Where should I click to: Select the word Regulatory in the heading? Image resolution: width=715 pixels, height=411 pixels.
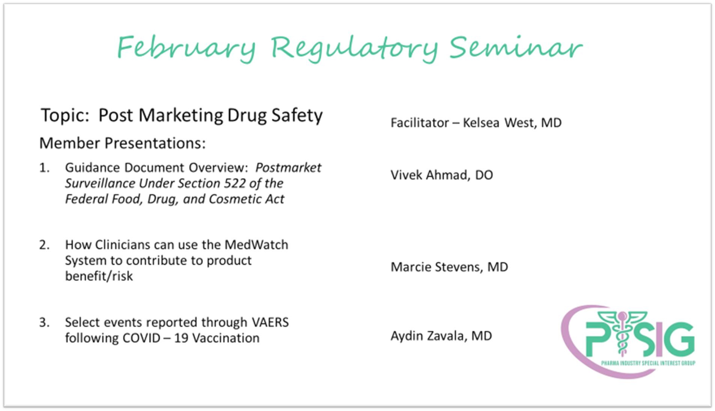pyautogui.click(x=354, y=49)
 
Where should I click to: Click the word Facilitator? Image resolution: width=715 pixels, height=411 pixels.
pyautogui.click(x=420, y=123)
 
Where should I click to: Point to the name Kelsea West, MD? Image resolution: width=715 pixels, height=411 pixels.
pyautogui.click(x=512, y=123)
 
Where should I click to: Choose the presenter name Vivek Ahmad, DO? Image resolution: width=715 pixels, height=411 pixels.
pyautogui.click(x=442, y=175)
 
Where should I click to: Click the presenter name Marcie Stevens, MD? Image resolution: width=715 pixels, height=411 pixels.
pyautogui.click(x=449, y=267)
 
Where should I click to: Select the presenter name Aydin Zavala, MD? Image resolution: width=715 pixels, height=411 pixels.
pyautogui.click(x=441, y=336)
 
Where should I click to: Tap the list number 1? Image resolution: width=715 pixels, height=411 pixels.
pyautogui.click(x=44, y=168)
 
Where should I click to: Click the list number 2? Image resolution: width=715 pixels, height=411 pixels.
pyautogui.click(x=44, y=245)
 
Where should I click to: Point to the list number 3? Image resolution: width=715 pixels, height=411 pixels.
pyautogui.click(x=44, y=322)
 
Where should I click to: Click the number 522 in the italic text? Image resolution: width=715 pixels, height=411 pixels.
pyautogui.click(x=235, y=184)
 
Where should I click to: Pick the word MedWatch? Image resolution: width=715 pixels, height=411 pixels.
pyautogui.click(x=256, y=245)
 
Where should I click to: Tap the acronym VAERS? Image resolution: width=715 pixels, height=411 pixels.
pyautogui.click(x=270, y=322)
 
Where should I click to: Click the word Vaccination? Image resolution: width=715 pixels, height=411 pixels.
pyautogui.click(x=226, y=338)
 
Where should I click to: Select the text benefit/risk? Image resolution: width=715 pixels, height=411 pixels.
pyautogui.click(x=99, y=276)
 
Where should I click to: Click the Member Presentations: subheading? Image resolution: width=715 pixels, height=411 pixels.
pyautogui.click(x=122, y=143)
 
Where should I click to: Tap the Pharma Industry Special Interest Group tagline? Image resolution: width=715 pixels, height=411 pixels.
pyautogui.click(x=648, y=363)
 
